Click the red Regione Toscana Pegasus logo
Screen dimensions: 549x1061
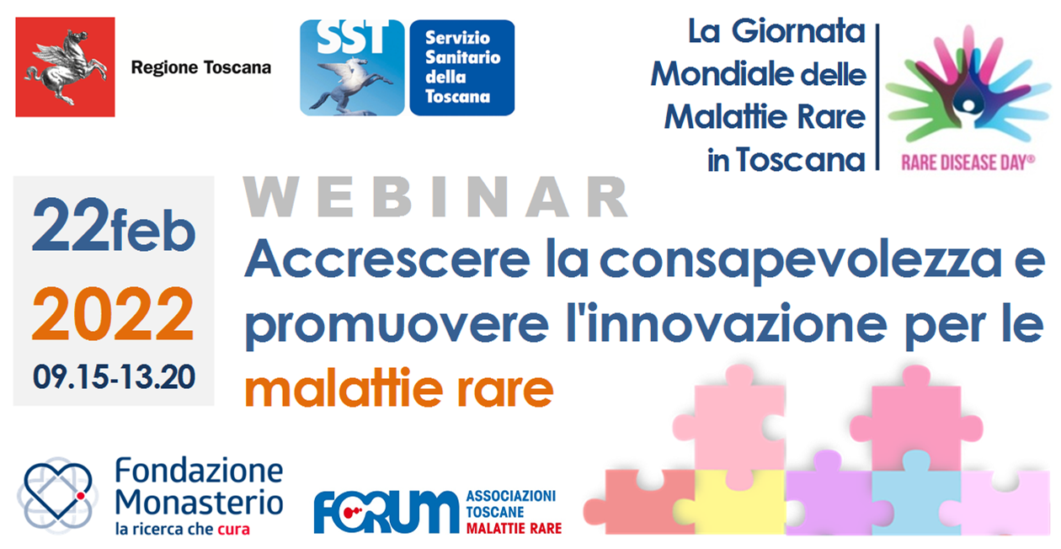pos(65,67)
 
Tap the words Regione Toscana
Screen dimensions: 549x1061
pos(200,68)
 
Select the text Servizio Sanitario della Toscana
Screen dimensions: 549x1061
pos(461,67)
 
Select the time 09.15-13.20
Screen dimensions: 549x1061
pos(113,376)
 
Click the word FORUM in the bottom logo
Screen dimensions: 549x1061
pos(387,510)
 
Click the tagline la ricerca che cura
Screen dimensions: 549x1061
pos(184,530)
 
